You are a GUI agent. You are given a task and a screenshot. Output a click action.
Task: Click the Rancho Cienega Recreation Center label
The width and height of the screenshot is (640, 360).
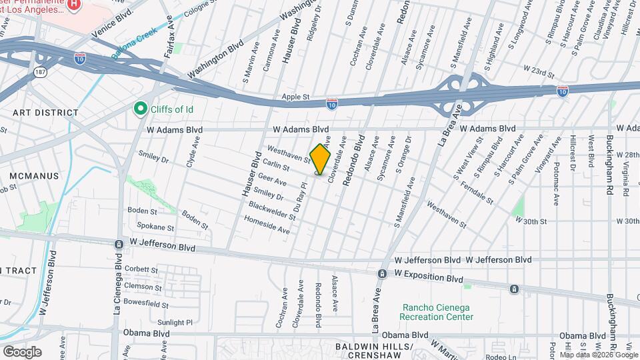tap(437, 311)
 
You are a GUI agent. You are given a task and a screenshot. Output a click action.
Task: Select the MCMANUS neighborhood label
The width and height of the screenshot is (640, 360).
tap(34, 176)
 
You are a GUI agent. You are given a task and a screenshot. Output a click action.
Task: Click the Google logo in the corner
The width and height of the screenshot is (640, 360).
tap(22, 351)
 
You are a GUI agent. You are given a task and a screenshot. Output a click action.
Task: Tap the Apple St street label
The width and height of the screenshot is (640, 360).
tap(296, 97)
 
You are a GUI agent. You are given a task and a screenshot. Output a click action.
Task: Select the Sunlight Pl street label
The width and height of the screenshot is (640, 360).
tap(175, 322)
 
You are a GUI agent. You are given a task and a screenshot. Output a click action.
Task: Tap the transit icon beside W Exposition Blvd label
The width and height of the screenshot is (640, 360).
tap(383, 273)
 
